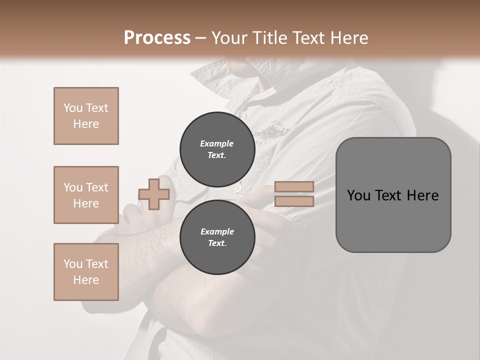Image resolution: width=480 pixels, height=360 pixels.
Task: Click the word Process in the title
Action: pyautogui.click(x=157, y=38)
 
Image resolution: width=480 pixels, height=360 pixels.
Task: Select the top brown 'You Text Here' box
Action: pyautogui.click(x=86, y=116)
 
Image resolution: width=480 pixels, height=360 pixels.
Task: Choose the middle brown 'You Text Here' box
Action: pyautogui.click(x=86, y=195)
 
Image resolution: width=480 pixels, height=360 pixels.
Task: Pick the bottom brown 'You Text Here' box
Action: pyautogui.click(x=86, y=272)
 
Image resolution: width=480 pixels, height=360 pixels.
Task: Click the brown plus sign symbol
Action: pyautogui.click(x=154, y=194)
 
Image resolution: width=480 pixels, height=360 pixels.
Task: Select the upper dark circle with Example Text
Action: pyautogui.click(x=217, y=149)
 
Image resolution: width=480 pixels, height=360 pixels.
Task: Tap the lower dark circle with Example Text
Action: pyautogui.click(x=217, y=237)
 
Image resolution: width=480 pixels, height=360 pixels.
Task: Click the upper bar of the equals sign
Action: pyautogui.click(x=294, y=187)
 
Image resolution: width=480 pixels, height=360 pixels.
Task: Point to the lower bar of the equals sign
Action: pyautogui.click(x=294, y=201)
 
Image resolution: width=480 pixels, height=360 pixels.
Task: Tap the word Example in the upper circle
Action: pyautogui.click(x=217, y=143)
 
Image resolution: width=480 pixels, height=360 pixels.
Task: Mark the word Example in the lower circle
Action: pyautogui.click(x=217, y=231)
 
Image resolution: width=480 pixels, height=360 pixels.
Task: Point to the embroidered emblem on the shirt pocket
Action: pyautogui.click(x=272, y=131)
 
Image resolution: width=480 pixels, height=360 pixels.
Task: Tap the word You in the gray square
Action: pyautogui.click(x=359, y=195)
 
